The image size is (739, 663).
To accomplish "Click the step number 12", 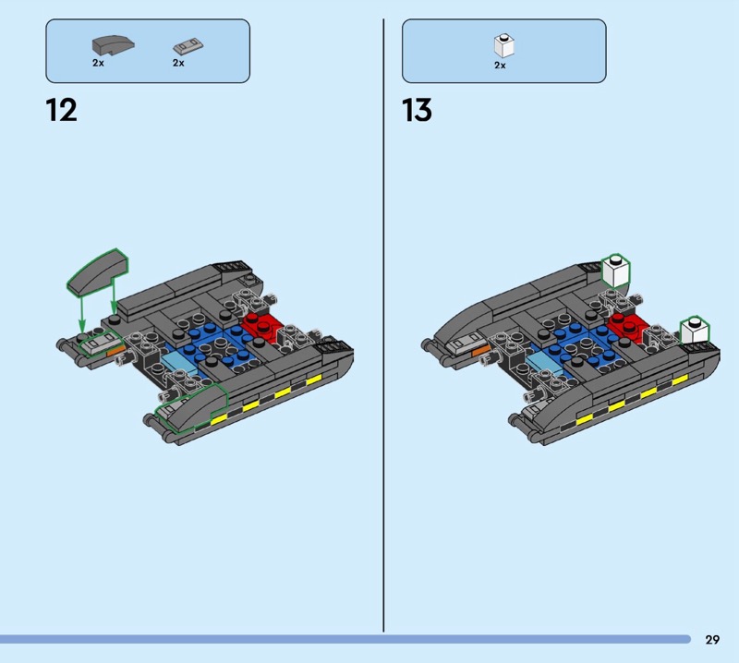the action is tap(61, 110).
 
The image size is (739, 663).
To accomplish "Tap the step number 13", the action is tap(418, 110).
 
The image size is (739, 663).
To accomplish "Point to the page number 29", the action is tap(712, 639).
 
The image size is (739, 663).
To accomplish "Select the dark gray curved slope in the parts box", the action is tap(113, 45).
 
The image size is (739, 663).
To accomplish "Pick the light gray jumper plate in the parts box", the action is tap(188, 46).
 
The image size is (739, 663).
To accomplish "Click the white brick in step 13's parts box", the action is tap(503, 45).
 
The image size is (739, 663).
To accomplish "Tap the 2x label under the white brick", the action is tap(500, 66).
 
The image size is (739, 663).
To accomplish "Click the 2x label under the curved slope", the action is tap(98, 63).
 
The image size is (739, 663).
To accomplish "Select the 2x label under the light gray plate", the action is tap(178, 63).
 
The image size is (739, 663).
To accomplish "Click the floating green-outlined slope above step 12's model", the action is tap(98, 272).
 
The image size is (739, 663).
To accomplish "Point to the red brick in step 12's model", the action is tap(262, 326).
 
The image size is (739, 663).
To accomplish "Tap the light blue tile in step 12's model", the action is tap(178, 363).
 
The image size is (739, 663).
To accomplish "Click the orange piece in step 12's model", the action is tap(116, 350).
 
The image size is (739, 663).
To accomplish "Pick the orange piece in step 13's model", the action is tap(480, 350).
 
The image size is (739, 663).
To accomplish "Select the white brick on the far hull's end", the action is tap(616, 271).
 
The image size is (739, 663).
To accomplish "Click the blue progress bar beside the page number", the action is tap(345, 639).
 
